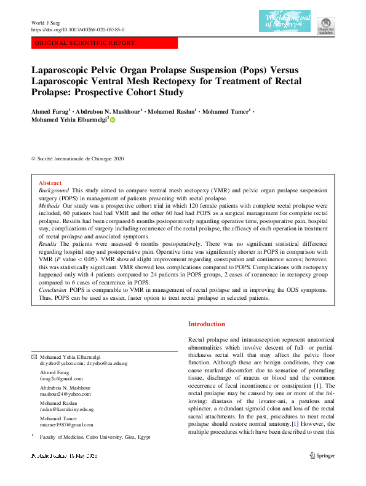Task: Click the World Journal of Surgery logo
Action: pos(285,22)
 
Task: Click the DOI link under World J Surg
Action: pos(78,29)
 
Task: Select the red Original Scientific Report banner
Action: pos(104,44)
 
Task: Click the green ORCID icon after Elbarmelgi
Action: pos(113,120)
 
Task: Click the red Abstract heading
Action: pos(50,183)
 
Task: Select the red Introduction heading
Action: pos(206,324)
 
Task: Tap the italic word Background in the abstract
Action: pos(53,192)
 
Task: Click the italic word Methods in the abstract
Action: pos(49,208)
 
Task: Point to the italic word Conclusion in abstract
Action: pos(52,289)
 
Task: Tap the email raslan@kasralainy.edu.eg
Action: pos(66,409)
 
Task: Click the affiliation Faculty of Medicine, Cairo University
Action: pos(95,437)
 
